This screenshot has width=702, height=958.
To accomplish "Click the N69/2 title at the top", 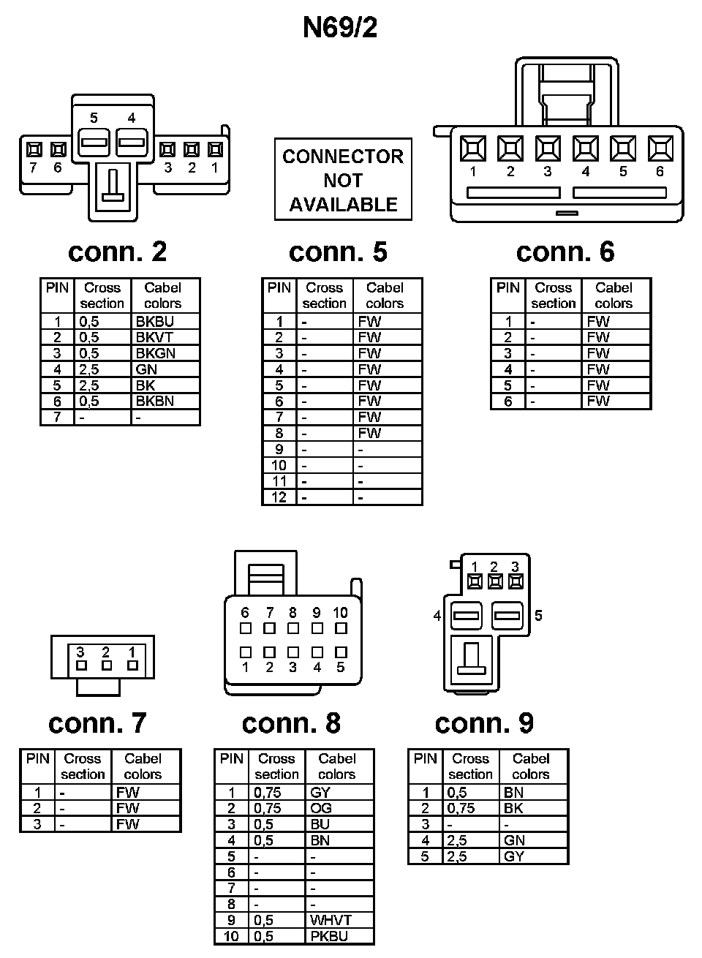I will pyautogui.click(x=340, y=28).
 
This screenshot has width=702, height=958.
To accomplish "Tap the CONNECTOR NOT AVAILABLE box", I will pyautogui.click(x=343, y=180).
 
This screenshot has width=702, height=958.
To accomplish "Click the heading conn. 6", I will pyautogui.click(x=565, y=252).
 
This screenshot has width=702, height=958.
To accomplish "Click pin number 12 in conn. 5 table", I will pyautogui.click(x=279, y=497).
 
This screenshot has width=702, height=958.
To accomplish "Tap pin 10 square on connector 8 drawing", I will pyautogui.click(x=341, y=628).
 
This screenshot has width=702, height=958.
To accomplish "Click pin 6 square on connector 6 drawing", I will pyautogui.click(x=660, y=148).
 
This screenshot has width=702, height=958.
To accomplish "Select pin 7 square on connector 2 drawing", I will pyautogui.click(x=33, y=150).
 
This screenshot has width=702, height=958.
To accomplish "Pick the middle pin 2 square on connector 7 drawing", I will pyautogui.click(x=107, y=665).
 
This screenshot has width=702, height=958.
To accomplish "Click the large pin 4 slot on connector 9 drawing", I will pyautogui.click(x=465, y=616).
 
